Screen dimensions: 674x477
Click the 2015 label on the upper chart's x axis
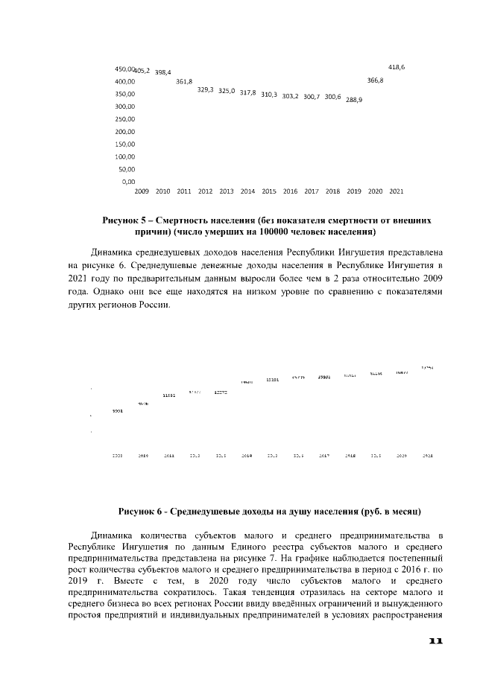click(x=269, y=191)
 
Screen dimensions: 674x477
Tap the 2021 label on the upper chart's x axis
click(x=397, y=191)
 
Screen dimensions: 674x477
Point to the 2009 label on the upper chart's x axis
click(x=142, y=191)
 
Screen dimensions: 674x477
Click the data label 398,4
click(x=162, y=72)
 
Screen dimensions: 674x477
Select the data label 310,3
click(x=269, y=95)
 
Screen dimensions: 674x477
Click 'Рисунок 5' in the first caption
click(x=124, y=221)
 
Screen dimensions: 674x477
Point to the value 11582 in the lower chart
click(x=168, y=395)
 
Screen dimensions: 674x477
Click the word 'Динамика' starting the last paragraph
click(x=113, y=535)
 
